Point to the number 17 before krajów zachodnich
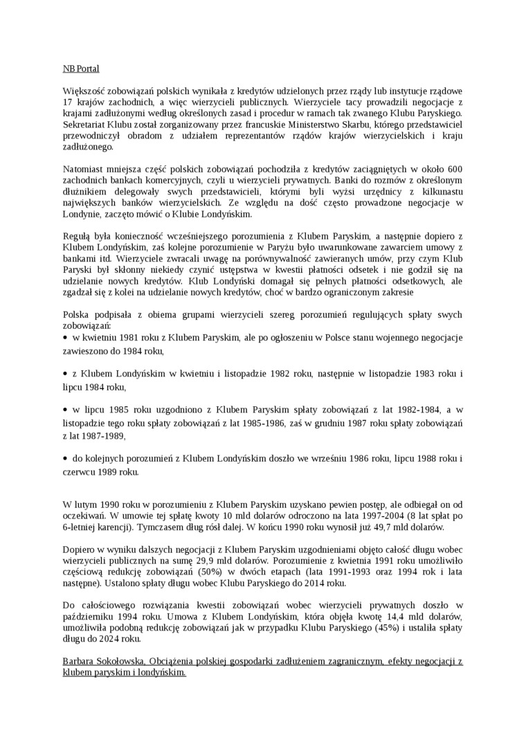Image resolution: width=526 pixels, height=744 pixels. tap(68, 102)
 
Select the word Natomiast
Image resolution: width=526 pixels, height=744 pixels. tap(84, 170)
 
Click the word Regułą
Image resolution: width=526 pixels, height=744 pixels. tap(77, 237)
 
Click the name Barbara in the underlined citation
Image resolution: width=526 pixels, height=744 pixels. tap(80, 661)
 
